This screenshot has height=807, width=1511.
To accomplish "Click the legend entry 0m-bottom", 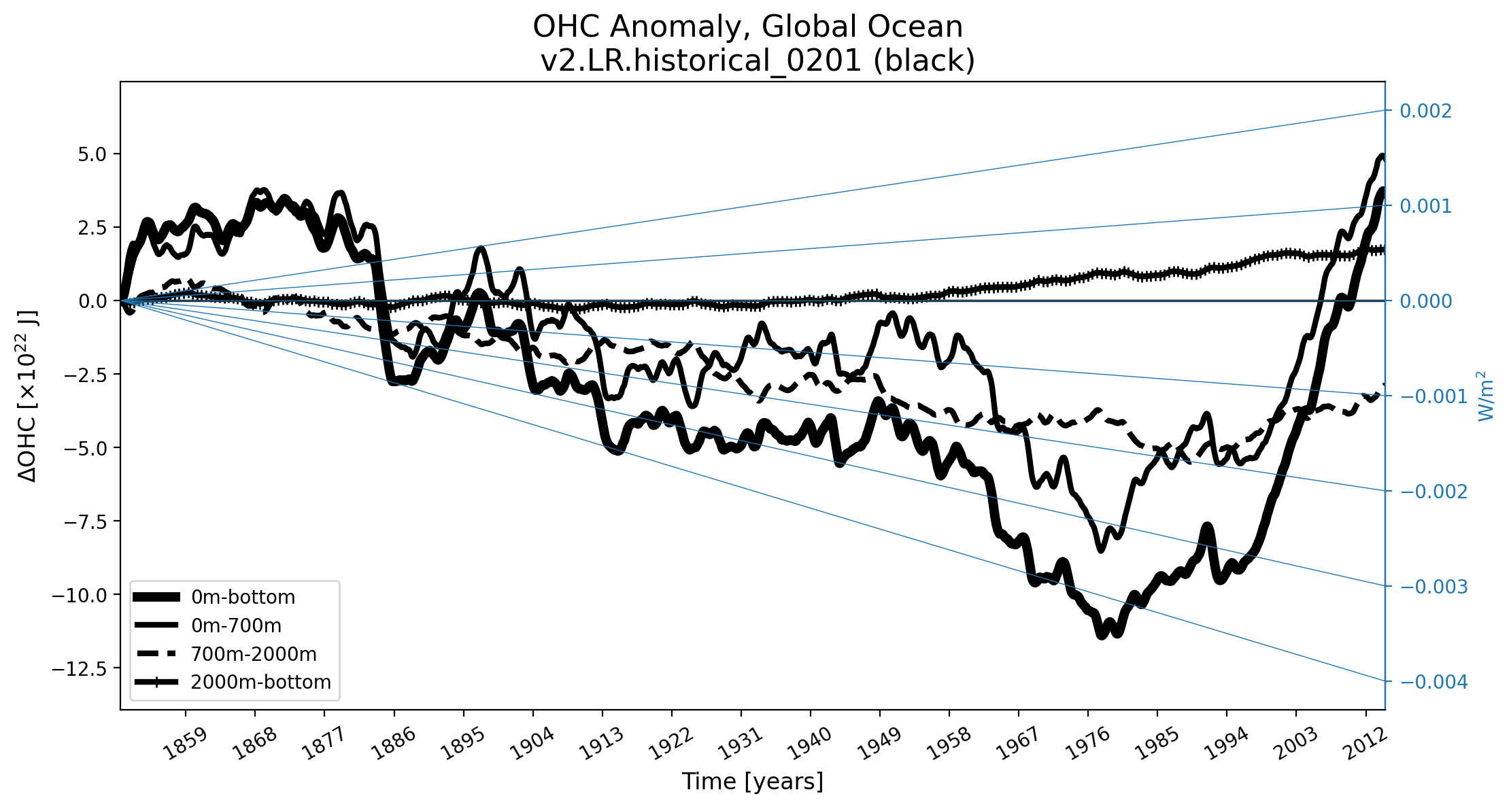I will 243,598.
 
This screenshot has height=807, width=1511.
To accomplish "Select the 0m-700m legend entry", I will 236,625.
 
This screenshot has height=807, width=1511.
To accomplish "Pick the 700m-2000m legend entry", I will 254,654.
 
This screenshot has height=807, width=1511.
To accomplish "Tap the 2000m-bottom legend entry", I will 260,682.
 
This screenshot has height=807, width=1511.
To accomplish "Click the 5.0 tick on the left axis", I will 92,154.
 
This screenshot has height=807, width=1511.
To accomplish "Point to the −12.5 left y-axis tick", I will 80,669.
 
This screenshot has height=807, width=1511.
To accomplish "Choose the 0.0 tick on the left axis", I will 92,301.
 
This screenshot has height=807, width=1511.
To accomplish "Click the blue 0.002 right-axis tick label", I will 1425,111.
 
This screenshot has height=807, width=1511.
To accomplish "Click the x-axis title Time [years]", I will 752,782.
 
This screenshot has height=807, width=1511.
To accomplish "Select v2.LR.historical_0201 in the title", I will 700,61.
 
